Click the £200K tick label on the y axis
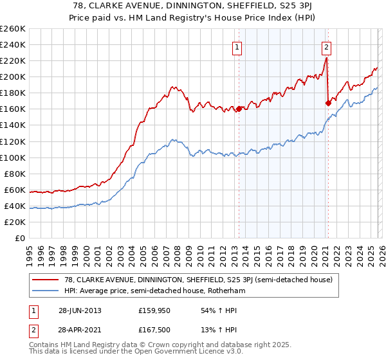pyautogui.click(x=13, y=76)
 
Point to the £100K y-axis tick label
pyautogui.click(x=13, y=157)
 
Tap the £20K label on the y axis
pyautogui.click(x=15, y=222)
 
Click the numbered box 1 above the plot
pyautogui.click(x=238, y=46)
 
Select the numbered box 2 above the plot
pyautogui.click(x=327, y=46)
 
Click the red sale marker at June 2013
pyautogui.click(x=239, y=109)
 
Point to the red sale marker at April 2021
pyautogui.click(x=328, y=102)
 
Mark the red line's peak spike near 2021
pyautogui.click(x=326, y=59)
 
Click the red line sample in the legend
pyautogui.click(x=44, y=280)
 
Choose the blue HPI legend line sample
pyautogui.click(x=44, y=291)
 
